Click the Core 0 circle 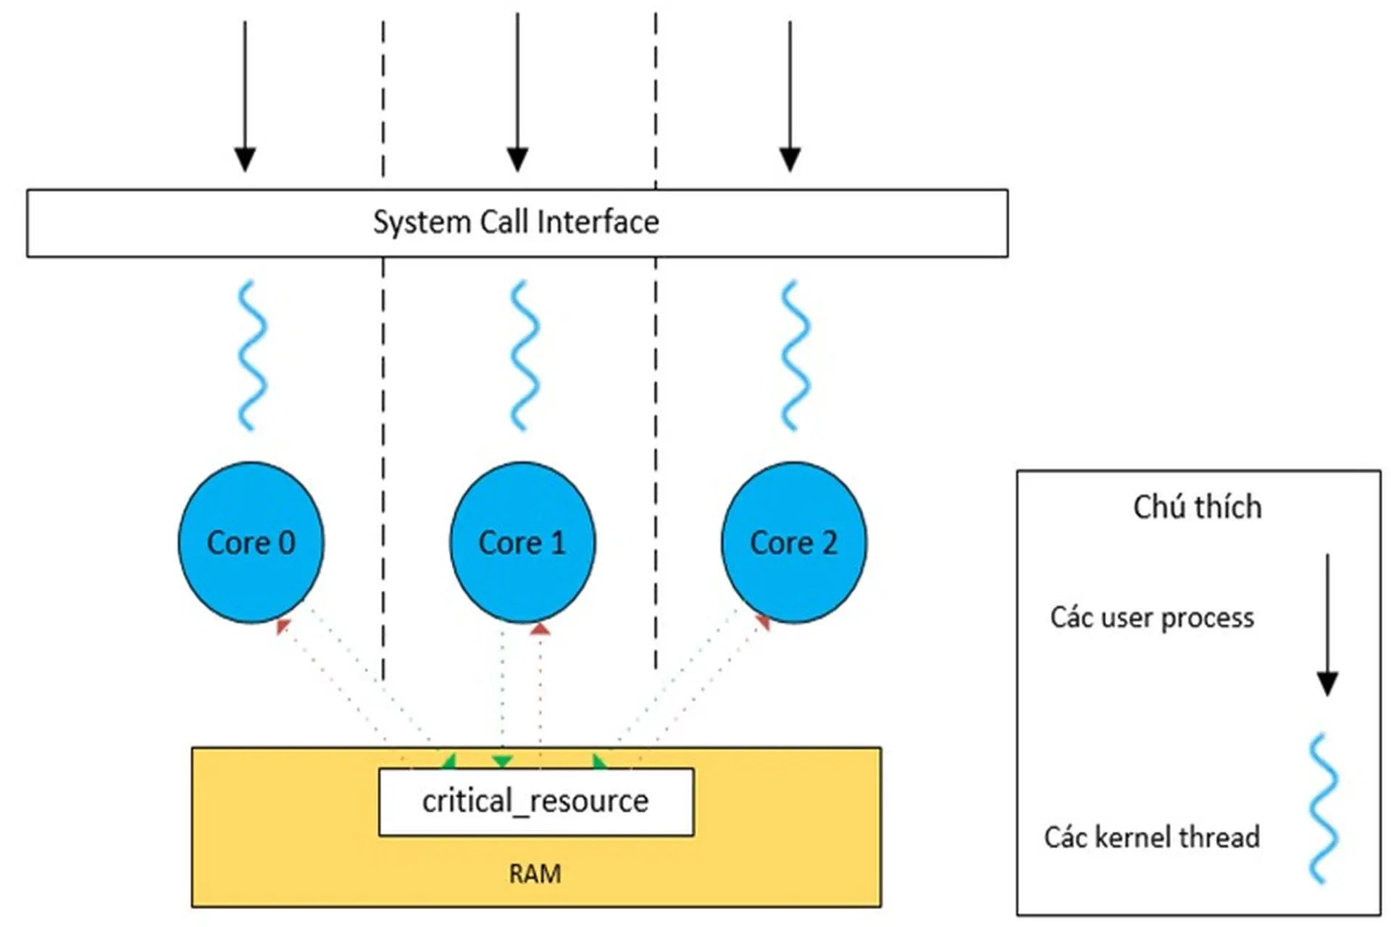(x=251, y=542)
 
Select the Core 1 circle (x=522, y=542)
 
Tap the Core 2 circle (x=794, y=542)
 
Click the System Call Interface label (x=516, y=222)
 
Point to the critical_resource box (x=536, y=802)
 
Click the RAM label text (x=535, y=873)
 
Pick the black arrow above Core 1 (x=517, y=94)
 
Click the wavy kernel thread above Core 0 (x=251, y=355)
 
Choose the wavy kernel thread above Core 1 (x=524, y=355)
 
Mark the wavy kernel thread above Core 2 (x=795, y=355)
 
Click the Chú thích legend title (x=1197, y=507)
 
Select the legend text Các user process (x=1152, y=618)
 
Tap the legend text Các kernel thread (x=1152, y=837)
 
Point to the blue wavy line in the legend (x=1322, y=808)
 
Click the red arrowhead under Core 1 (x=540, y=629)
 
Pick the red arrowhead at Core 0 (x=283, y=626)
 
